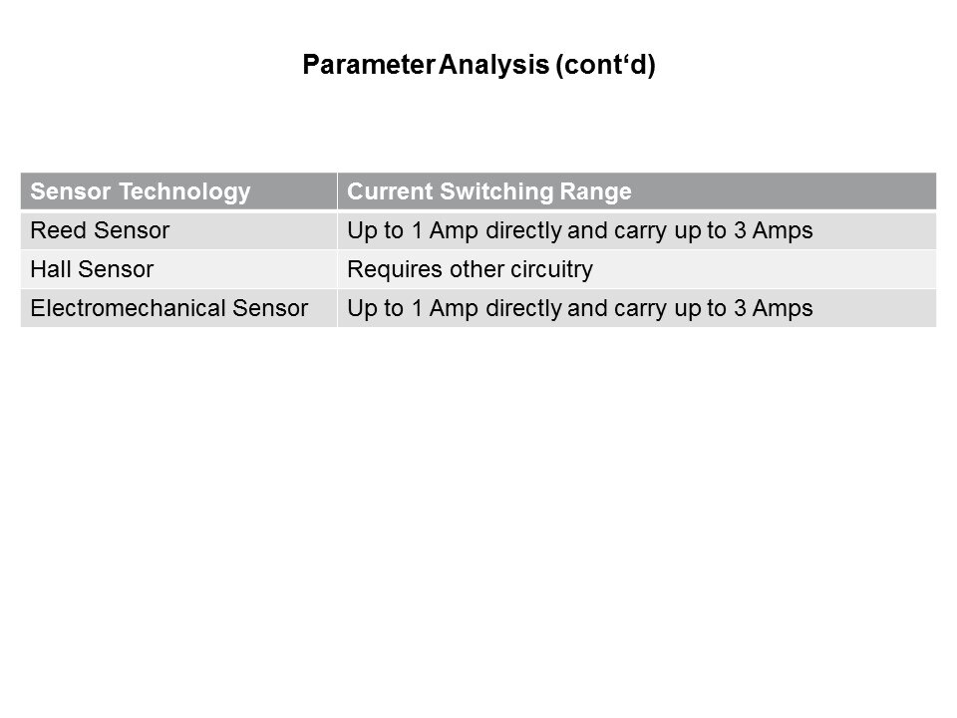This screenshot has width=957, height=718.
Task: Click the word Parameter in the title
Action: coord(369,64)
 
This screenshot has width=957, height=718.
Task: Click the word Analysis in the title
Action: coord(493,65)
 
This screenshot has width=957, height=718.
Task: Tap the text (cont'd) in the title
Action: coord(605,65)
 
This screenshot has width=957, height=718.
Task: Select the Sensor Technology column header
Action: coord(141,191)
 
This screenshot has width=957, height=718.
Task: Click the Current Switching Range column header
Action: coord(489,191)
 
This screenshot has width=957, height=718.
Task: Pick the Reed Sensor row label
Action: coord(100,230)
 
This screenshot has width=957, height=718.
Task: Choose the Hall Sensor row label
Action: coord(92,269)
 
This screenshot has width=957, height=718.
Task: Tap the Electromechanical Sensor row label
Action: coord(169,308)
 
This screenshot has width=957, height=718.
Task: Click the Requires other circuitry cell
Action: coord(470,270)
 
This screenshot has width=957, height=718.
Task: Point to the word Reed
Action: coord(59,230)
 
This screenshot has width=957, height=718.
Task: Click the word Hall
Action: coord(51,269)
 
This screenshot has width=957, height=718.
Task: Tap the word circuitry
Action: coord(551,270)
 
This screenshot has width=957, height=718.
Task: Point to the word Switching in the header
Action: coord(496,191)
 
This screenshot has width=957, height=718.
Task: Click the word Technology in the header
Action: coord(185,191)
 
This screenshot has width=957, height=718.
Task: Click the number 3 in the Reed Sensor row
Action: coord(740,230)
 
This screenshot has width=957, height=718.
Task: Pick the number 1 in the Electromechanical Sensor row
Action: coord(418,308)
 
